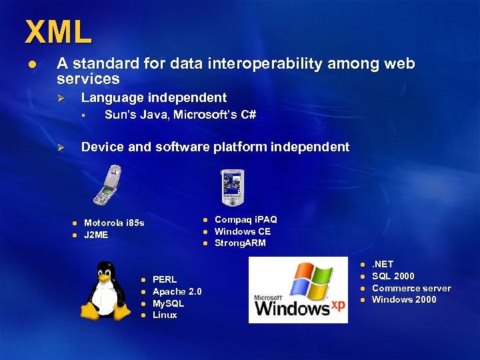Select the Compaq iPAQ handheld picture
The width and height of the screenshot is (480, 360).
233,187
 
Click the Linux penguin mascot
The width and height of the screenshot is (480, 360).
105,291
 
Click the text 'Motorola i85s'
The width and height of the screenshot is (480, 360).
114,223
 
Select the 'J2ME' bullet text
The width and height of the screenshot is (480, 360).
96,235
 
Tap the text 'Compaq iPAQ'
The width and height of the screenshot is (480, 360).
245,219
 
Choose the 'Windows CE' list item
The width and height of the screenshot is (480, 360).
242,231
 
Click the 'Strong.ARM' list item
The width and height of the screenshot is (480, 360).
240,243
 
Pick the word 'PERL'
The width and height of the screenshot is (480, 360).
165,279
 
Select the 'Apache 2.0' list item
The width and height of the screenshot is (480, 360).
177,291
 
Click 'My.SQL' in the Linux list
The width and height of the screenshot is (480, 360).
168,303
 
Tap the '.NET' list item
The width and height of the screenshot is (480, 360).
383,264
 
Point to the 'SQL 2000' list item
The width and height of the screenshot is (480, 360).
393,276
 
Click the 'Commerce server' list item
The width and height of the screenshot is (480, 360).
411,288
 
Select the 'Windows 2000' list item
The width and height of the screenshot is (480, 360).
404,299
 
